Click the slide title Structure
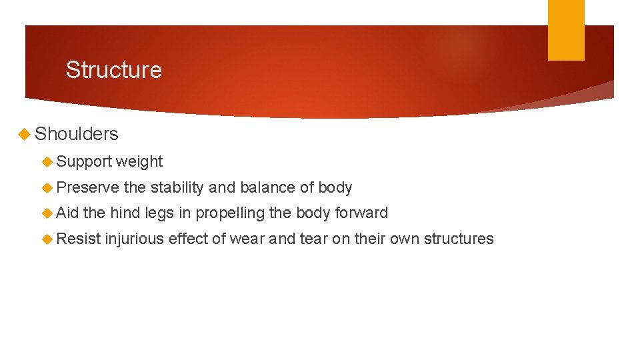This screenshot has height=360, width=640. click(113, 70)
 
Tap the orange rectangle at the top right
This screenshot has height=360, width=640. click(565, 29)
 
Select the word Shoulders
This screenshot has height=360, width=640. click(76, 134)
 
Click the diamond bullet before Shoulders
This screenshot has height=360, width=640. click(25, 134)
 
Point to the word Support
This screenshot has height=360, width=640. click(84, 162)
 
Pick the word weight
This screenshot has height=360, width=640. click(139, 162)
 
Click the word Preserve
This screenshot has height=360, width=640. click(88, 188)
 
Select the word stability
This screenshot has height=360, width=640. click(177, 188)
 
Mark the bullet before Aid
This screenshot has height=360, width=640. click(47, 213)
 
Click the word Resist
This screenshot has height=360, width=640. click(79, 239)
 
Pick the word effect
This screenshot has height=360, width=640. click(188, 239)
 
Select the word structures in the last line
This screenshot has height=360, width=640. click(459, 239)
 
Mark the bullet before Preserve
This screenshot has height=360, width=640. click(47, 188)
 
